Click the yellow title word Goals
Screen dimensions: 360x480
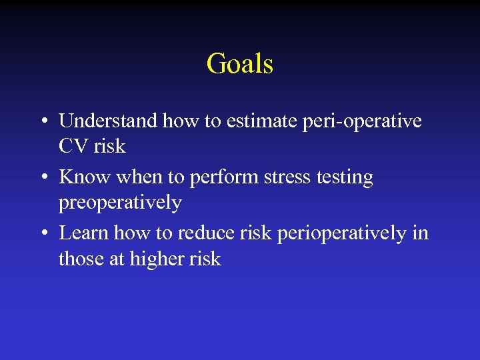(240, 64)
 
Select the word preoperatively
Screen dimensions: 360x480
(120, 202)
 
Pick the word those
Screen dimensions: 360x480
(79, 258)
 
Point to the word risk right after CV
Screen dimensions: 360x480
(109, 145)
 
